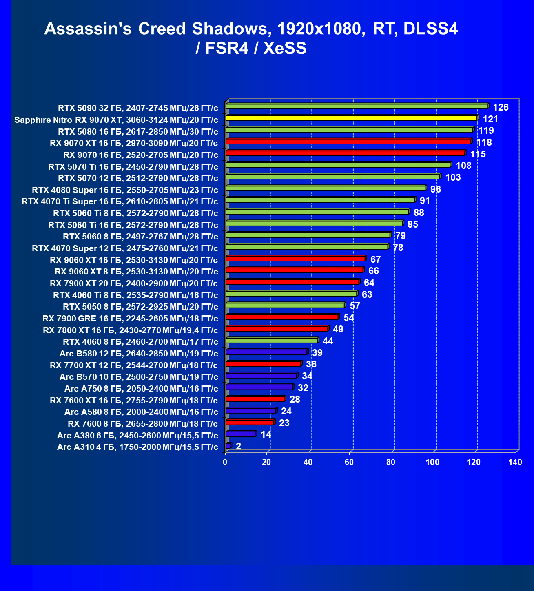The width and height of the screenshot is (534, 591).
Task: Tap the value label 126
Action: pyautogui.click(x=501, y=107)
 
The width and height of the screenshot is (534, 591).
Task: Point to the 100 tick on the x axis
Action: pyautogui.click(x=432, y=462)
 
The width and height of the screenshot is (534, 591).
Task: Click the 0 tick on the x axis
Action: pyautogui.click(x=225, y=462)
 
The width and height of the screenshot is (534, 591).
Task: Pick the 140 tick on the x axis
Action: pyautogui.click(x=515, y=462)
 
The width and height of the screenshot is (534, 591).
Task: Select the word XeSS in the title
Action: pyautogui.click(x=285, y=49)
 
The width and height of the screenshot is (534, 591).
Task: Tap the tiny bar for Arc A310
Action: pyautogui.click(x=228, y=445)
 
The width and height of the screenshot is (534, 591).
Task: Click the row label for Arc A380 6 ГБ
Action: pyautogui.click(x=137, y=436)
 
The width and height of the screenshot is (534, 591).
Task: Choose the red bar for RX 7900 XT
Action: pyautogui.click(x=292, y=282)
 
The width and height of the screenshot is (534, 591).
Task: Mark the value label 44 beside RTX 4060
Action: pyautogui.click(x=328, y=341)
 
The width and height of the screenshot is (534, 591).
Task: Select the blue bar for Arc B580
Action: pyautogui.click(x=266, y=352)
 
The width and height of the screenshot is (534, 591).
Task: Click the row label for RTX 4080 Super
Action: pyautogui.click(x=125, y=190)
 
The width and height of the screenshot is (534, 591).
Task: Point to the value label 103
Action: pyautogui.click(x=453, y=177)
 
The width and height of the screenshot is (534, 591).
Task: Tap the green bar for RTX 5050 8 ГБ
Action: pyautogui.click(x=285, y=305)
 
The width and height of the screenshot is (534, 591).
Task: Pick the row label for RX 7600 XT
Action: pyautogui.click(x=134, y=401)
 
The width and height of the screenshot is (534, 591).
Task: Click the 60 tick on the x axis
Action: pyautogui.click(x=349, y=462)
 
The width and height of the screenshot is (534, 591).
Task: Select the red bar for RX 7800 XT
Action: pyautogui.click(x=277, y=329)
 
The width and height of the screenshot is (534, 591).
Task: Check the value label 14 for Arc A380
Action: pyautogui.click(x=266, y=434)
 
